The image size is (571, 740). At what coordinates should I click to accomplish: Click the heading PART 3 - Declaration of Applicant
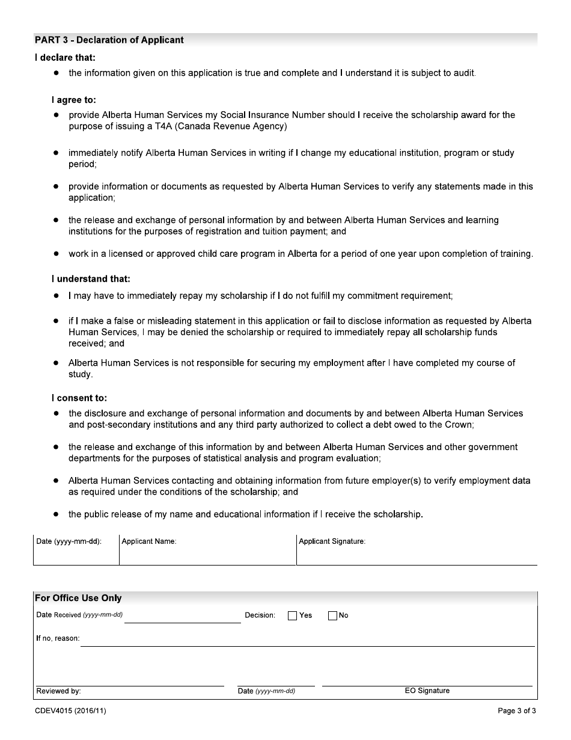[109, 40]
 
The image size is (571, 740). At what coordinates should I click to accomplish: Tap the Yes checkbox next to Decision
[293, 615]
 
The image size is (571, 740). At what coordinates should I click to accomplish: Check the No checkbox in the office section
[332, 615]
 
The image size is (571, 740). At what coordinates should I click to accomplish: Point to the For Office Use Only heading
[78, 598]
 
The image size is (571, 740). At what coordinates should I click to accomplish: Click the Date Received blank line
[182, 618]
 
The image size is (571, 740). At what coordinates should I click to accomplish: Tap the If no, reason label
[58, 638]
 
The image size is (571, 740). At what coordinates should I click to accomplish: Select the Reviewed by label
[58, 691]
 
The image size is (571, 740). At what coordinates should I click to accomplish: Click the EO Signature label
[427, 691]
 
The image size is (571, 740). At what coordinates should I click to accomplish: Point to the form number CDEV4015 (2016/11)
[70, 711]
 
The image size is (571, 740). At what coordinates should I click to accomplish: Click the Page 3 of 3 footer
[517, 711]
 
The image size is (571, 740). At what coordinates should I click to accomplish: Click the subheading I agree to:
[73, 100]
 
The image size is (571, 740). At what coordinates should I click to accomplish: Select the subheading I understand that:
[90, 279]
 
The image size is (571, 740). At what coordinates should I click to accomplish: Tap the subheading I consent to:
[79, 398]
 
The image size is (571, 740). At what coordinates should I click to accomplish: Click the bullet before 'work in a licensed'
[56, 254]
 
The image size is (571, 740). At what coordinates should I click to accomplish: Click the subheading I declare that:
[65, 58]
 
